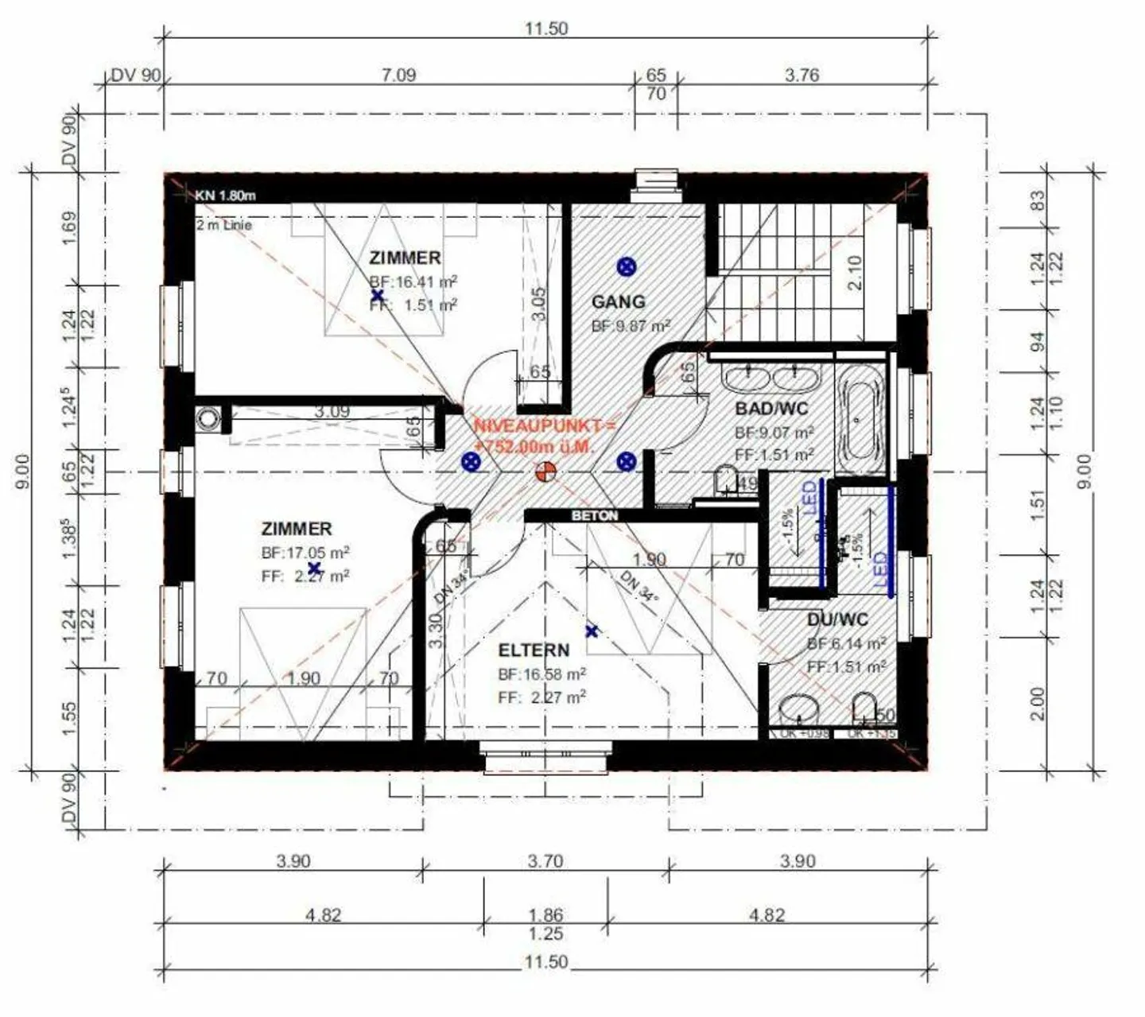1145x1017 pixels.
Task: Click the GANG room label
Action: click(618, 301)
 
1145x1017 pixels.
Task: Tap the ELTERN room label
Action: click(534, 650)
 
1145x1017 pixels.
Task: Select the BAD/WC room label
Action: click(771, 409)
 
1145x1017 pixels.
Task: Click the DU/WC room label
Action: click(837, 619)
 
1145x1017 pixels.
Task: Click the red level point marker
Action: click(545, 472)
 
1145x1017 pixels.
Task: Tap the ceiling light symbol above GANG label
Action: click(627, 266)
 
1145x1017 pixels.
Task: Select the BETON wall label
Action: click(595, 515)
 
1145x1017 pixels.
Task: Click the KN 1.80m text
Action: click(225, 195)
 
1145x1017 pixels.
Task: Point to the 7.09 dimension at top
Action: click(398, 76)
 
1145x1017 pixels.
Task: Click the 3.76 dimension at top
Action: click(801, 76)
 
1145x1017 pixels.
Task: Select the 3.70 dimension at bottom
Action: click(545, 861)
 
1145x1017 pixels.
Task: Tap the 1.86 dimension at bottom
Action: click(545, 915)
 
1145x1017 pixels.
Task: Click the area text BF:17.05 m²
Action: click(305, 552)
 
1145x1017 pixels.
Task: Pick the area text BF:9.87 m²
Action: click(631, 326)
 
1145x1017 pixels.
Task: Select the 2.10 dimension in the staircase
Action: click(855, 273)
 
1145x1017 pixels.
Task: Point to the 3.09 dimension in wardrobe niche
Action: click(331, 412)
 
